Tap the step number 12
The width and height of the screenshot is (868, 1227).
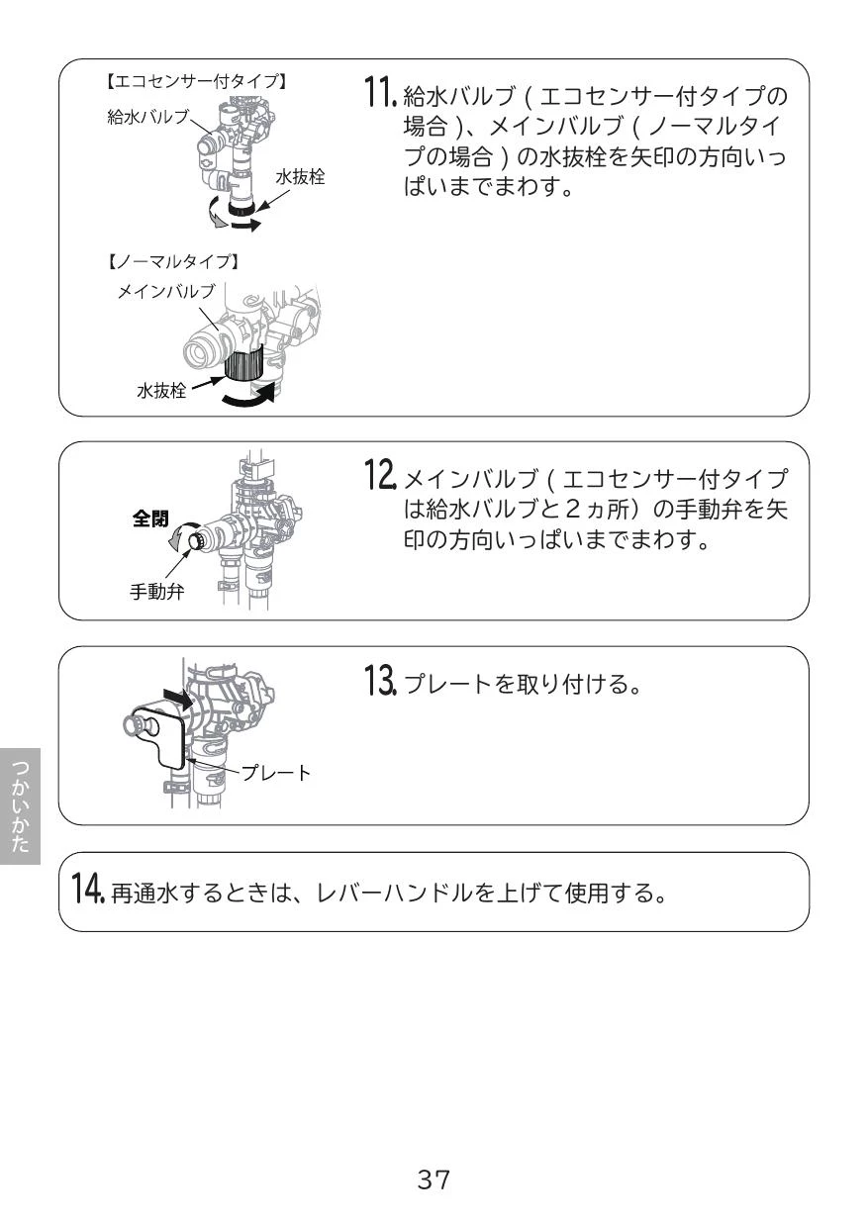[381, 474]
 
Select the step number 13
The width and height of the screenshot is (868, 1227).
[381, 680]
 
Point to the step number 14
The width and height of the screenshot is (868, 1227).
[89, 887]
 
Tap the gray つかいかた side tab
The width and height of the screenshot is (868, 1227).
[20, 806]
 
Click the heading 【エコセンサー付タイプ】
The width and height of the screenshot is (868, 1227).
[196, 81]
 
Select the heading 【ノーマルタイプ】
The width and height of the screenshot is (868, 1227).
[172, 261]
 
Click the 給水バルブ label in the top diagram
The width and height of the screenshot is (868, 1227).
[147, 117]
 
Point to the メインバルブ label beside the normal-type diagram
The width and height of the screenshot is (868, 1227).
[166, 291]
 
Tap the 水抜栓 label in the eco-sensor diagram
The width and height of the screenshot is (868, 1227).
[300, 177]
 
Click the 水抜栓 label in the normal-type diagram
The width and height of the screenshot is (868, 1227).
[161, 391]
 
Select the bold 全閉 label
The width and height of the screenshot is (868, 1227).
[150, 519]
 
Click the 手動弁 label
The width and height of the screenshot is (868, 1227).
[157, 592]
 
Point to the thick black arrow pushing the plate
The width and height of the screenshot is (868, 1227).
[178, 700]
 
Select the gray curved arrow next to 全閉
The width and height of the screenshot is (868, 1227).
[178, 534]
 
